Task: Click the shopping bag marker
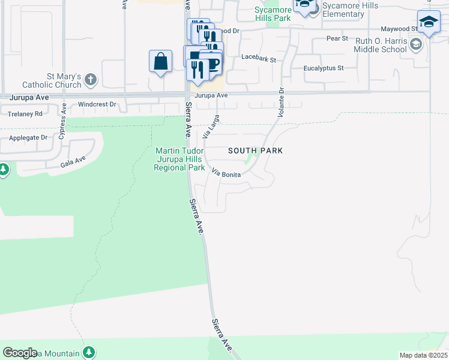coord(160,62)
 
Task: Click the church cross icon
coord(91,79)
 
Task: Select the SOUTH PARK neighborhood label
coord(255,151)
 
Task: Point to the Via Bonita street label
coord(227,173)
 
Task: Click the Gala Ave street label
coord(73,161)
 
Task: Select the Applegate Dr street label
coord(28,137)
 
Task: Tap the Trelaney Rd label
coord(25,113)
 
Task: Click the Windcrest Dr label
coord(97,104)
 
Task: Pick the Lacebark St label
coord(258,59)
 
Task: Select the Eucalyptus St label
coord(324,68)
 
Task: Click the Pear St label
coord(337,38)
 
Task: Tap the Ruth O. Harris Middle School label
coord(380,45)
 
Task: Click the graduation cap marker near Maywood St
coord(429,23)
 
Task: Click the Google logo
coord(20,353)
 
